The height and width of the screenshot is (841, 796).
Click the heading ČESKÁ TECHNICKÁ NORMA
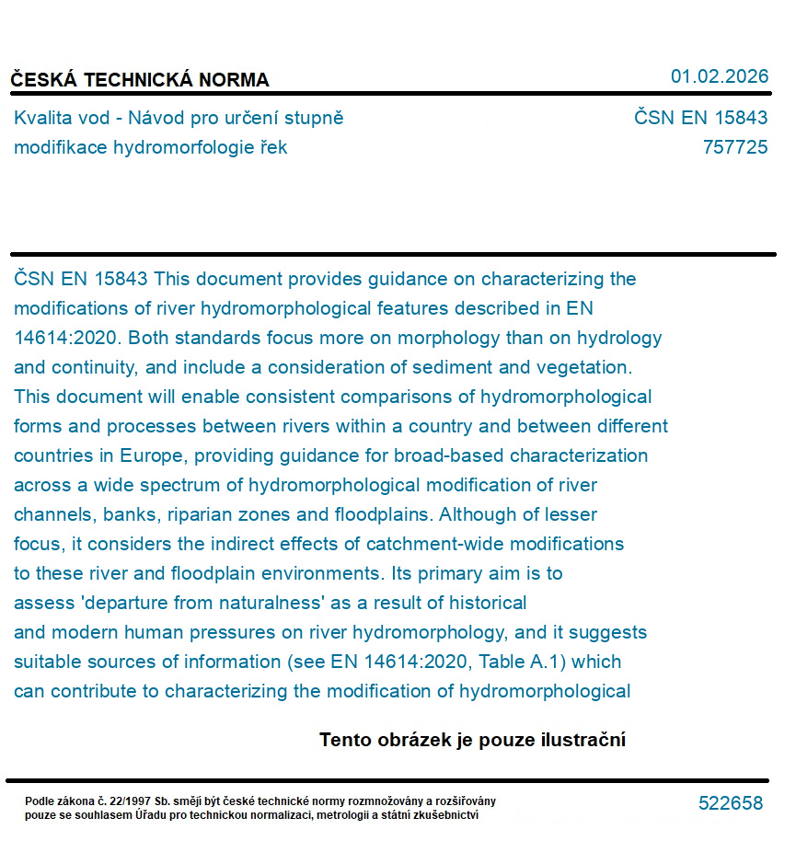coord(140,80)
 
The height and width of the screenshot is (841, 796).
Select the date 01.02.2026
coord(719,76)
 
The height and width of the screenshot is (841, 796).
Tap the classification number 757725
coord(734,147)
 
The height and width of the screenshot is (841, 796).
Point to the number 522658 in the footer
coord(731,803)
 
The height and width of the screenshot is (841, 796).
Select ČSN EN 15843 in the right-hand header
coord(700,118)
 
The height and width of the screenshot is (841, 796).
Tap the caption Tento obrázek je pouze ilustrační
coord(472,740)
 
